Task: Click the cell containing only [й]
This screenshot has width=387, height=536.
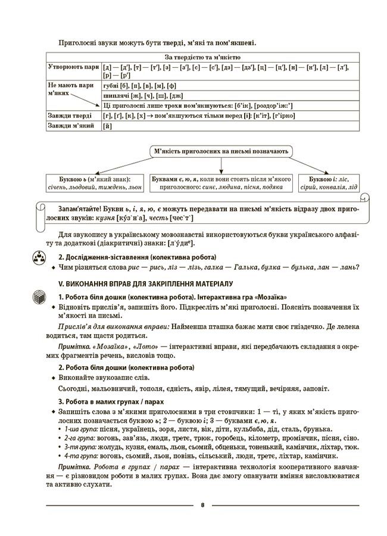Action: coord(108,126)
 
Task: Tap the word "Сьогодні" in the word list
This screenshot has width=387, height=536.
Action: coord(74,389)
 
